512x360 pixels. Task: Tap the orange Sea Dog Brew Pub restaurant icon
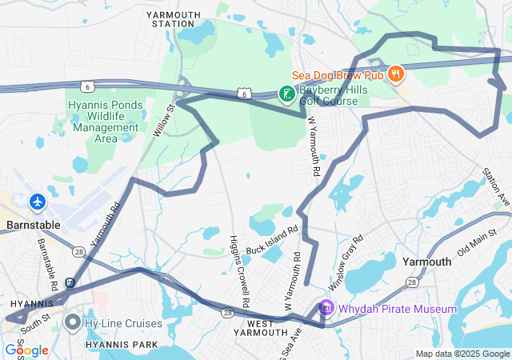pos(394,74)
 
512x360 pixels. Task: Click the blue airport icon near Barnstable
pos(37,202)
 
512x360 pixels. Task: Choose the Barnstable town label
pos(30,225)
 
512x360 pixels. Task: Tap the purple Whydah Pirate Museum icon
pos(325,307)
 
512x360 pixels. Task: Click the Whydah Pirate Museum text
pos(397,309)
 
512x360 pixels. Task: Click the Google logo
pos(26,350)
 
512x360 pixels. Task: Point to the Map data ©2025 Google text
pos(462,354)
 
